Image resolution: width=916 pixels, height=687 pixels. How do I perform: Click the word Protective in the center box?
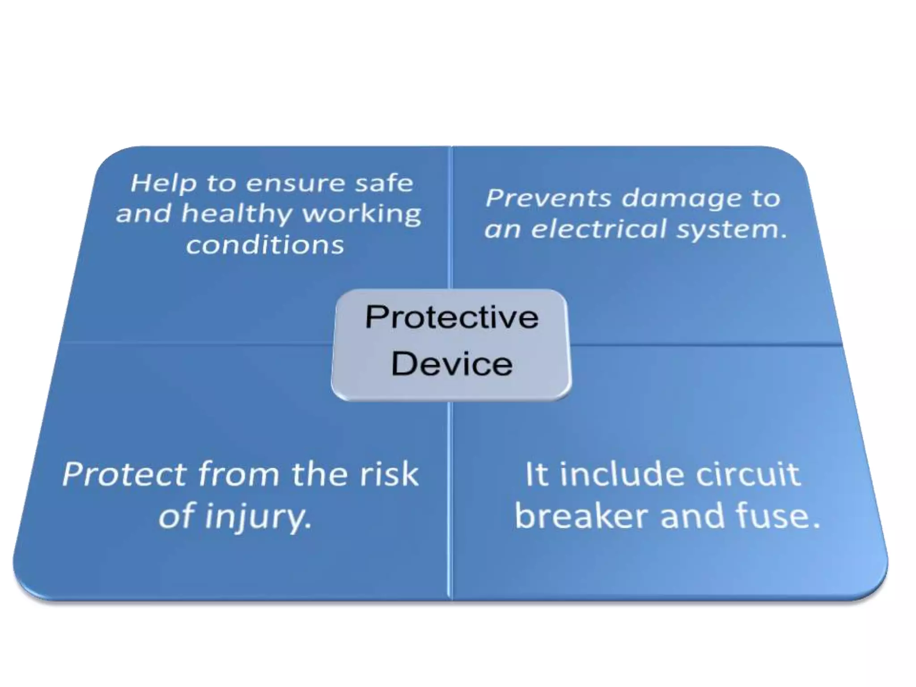click(x=452, y=318)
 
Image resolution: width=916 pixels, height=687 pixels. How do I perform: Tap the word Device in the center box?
click(x=452, y=364)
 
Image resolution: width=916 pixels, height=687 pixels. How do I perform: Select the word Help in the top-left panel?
click(x=164, y=183)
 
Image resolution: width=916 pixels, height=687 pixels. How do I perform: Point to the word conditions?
click(x=265, y=245)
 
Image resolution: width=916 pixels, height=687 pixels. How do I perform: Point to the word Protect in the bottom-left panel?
click(x=124, y=475)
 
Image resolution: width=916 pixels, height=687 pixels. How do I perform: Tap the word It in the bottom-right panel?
click(x=536, y=475)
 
